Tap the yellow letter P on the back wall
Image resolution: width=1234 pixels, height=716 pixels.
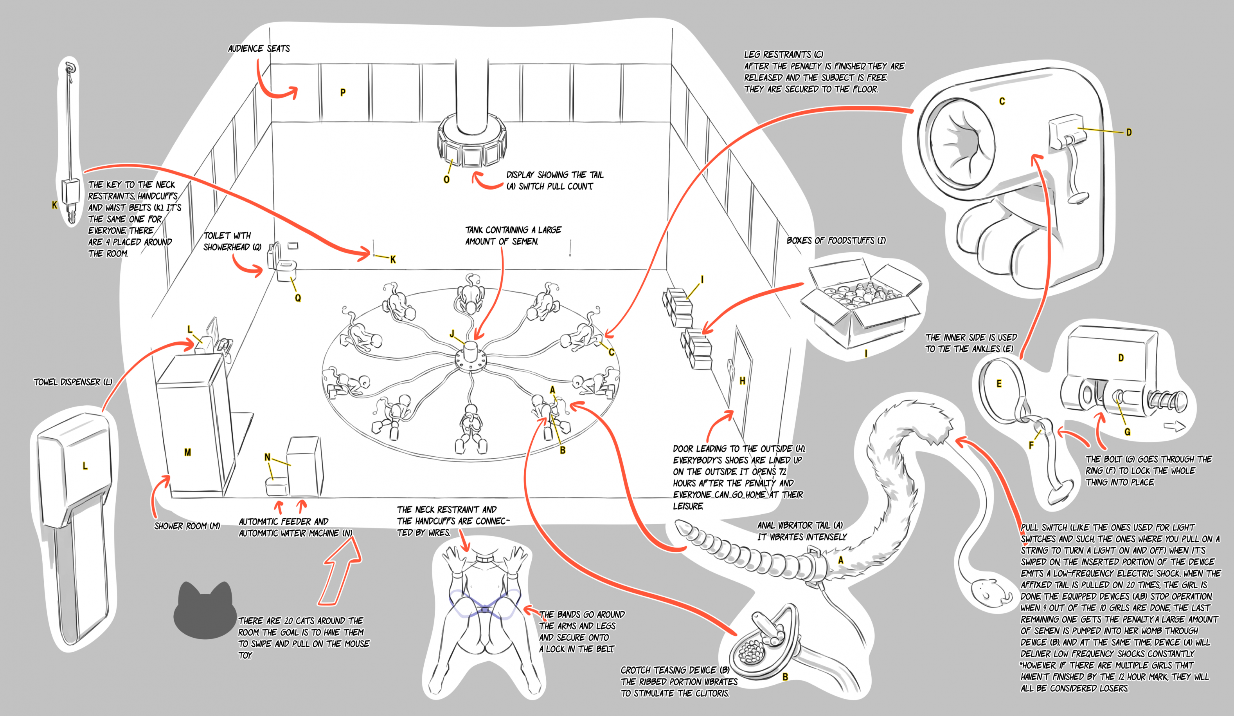(x=343, y=92)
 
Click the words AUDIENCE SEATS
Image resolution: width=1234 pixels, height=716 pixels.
(x=259, y=49)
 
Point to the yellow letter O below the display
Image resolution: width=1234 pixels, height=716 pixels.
(x=446, y=180)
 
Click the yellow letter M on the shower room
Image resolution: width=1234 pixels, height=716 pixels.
(x=187, y=452)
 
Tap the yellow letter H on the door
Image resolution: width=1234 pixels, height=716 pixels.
(x=742, y=381)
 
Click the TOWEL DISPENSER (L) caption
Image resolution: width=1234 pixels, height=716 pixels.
(x=73, y=382)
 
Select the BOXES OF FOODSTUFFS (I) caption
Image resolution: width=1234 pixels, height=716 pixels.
(x=836, y=240)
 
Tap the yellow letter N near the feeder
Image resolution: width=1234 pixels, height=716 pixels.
(x=267, y=457)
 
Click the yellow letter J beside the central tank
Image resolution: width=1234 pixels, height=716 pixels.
(x=452, y=334)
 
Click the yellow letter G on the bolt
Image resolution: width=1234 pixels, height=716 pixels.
(x=1127, y=432)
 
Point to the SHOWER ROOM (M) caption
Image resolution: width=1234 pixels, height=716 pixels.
(x=187, y=526)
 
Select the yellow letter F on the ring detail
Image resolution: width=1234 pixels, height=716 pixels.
(x=1031, y=445)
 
